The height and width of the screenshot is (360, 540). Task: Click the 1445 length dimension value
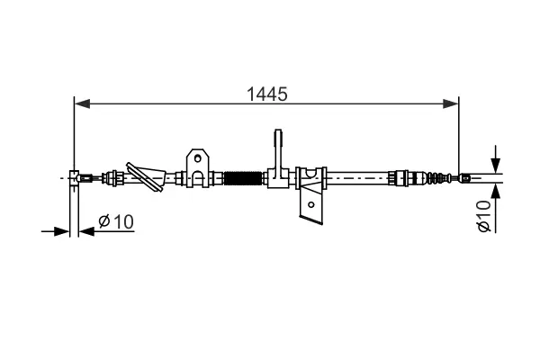(x=267, y=94)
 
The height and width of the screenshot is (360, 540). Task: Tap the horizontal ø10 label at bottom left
(x=116, y=221)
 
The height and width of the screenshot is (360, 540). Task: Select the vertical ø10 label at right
(x=483, y=216)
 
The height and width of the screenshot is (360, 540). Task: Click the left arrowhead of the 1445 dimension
(x=82, y=103)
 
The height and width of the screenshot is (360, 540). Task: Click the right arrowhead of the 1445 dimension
(x=451, y=103)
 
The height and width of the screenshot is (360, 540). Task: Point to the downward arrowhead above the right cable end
(x=496, y=166)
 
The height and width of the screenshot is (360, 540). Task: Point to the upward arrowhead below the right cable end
(x=496, y=192)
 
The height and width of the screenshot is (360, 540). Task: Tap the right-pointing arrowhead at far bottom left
(x=62, y=231)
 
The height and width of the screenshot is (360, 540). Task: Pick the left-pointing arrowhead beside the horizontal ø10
(x=86, y=231)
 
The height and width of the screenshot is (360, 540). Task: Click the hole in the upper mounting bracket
(x=197, y=158)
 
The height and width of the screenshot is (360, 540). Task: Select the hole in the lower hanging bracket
(x=311, y=204)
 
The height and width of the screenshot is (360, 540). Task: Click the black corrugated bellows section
(x=243, y=178)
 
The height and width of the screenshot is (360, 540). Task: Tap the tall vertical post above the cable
(x=278, y=150)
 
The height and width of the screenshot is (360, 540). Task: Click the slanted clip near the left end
(x=145, y=176)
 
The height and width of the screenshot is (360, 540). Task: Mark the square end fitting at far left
(x=75, y=178)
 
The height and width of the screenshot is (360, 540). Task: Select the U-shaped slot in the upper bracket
(x=197, y=178)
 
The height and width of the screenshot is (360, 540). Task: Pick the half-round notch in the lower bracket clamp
(x=311, y=173)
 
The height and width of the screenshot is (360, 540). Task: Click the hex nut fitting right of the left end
(x=114, y=178)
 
